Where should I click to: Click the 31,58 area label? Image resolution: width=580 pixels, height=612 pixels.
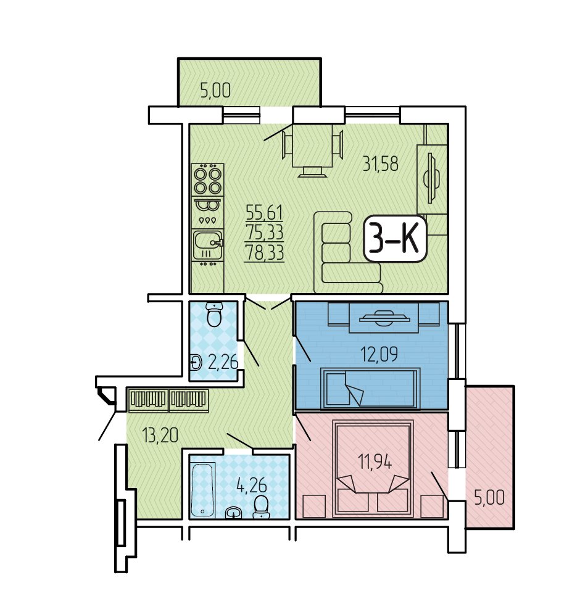[380, 163]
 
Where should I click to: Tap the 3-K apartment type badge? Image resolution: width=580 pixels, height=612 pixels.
[395, 238]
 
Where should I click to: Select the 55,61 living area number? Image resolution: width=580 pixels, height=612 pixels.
[264, 212]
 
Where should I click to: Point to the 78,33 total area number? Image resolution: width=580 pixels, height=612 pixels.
[264, 252]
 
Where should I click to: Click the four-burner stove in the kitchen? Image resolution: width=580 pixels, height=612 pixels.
[208, 180]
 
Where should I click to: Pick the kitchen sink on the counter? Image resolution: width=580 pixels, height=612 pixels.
[208, 245]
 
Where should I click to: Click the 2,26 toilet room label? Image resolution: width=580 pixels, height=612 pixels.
[223, 362]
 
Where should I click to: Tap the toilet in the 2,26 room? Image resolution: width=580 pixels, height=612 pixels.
[214, 315]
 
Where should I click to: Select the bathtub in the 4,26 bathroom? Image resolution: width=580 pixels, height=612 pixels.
[203, 489]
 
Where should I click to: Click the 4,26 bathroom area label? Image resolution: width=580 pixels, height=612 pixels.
[251, 485]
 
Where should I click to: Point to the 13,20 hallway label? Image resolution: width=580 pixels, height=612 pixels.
[160, 435]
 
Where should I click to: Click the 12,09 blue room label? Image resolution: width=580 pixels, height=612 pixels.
[379, 354]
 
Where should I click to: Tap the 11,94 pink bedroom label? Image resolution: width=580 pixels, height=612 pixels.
[375, 461]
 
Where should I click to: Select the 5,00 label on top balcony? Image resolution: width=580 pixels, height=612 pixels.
[215, 90]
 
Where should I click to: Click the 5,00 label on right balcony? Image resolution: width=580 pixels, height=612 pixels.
[489, 498]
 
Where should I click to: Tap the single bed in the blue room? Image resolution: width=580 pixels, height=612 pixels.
[370, 388]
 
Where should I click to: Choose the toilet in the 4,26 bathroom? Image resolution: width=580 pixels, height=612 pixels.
[261, 507]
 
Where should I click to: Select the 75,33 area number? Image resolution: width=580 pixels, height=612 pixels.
[264, 232]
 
